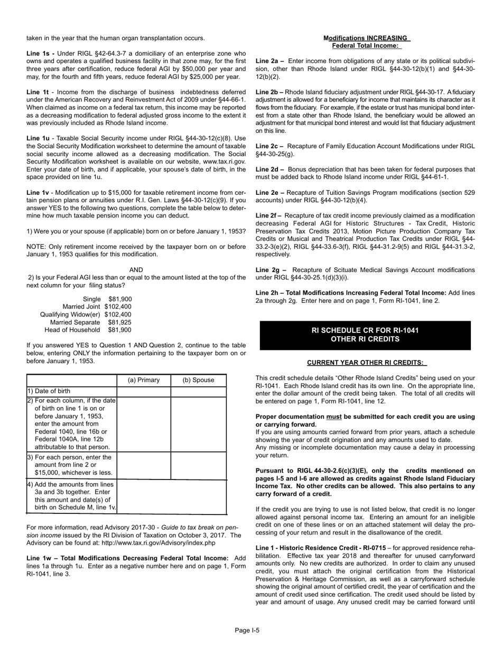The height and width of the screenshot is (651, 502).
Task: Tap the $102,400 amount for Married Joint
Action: click(x=118, y=306)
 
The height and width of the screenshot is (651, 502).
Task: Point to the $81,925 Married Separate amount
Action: click(x=119, y=322)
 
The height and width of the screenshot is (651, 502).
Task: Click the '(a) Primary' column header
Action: click(x=144, y=380)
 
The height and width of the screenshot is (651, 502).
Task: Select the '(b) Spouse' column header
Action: click(x=198, y=380)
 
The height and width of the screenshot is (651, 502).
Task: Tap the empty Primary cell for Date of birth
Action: click(x=144, y=391)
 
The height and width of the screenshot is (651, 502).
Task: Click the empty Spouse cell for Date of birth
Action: click(x=198, y=391)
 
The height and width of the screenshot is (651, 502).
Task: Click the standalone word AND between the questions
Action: click(x=136, y=269)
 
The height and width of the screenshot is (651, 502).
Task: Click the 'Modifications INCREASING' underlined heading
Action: click(x=366, y=38)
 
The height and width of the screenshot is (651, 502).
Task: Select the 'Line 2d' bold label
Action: click(x=271, y=169)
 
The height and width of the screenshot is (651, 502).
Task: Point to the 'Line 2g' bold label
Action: click(x=271, y=270)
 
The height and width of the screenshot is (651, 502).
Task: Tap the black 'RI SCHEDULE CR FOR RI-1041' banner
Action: click(x=365, y=334)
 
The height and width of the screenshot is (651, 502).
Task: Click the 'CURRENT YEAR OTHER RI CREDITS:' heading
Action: click(x=366, y=363)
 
